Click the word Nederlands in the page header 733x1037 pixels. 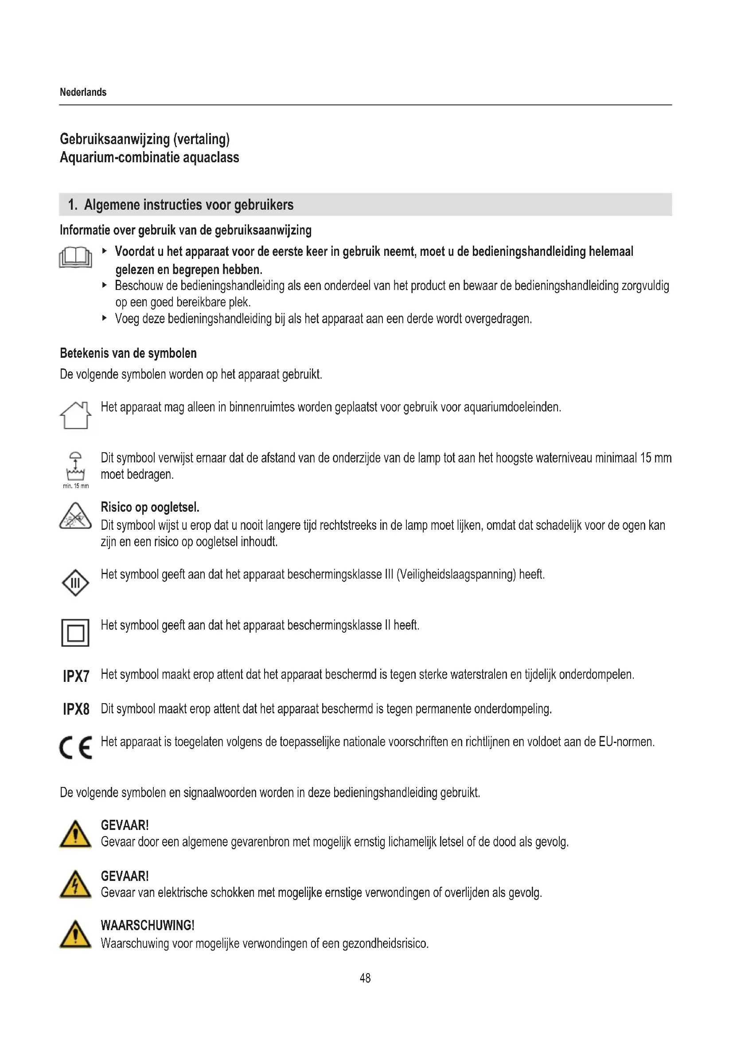pos(83,92)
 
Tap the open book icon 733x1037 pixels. pos(75,258)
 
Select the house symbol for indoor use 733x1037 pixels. pos(75,415)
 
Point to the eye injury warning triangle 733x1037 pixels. pos(75,517)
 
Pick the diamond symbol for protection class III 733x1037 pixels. pos(75,583)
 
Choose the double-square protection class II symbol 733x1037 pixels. pos(75,633)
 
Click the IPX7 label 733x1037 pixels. pos(76,676)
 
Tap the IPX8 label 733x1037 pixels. pos(76,709)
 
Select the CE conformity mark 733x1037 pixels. pos(76,747)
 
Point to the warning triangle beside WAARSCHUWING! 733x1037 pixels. pos(75,935)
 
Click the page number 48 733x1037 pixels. pos(365,978)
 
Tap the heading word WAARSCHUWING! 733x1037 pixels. pos(148,925)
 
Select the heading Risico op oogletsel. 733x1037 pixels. pos(150,507)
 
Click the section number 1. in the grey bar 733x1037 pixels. pos(73,205)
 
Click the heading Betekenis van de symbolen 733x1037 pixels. pos(128,353)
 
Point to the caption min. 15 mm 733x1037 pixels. pos(76,486)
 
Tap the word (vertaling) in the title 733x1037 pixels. pos(201,139)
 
